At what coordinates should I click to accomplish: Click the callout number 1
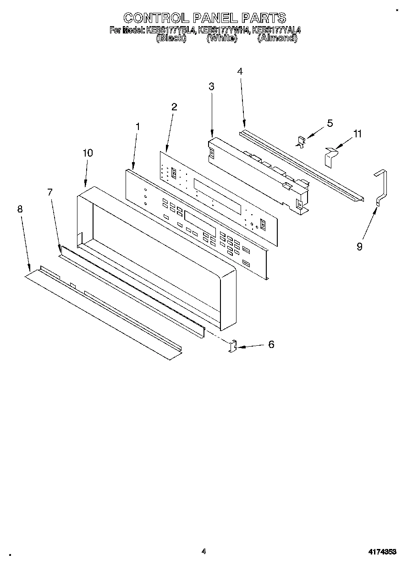click(137, 126)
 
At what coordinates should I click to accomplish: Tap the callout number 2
click(174, 107)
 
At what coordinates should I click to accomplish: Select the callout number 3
click(211, 87)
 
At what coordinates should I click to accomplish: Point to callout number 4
click(240, 71)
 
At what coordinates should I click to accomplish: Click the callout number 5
click(330, 123)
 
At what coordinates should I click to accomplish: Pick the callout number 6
click(271, 344)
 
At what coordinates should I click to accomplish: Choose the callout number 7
click(50, 192)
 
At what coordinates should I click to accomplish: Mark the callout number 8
click(20, 209)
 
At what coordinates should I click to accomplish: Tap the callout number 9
click(359, 247)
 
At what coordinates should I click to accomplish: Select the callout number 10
click(88, 153)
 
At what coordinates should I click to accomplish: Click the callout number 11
click(357, 134)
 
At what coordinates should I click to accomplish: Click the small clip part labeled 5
click(301, 142)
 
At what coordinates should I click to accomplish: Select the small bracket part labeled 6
click(233, 346)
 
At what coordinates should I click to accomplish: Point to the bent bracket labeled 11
click(330, 157)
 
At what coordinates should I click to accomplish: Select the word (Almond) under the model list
click(277, 39)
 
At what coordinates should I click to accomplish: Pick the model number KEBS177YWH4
click(224, 31)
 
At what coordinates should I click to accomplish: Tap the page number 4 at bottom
click(203, 551)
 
